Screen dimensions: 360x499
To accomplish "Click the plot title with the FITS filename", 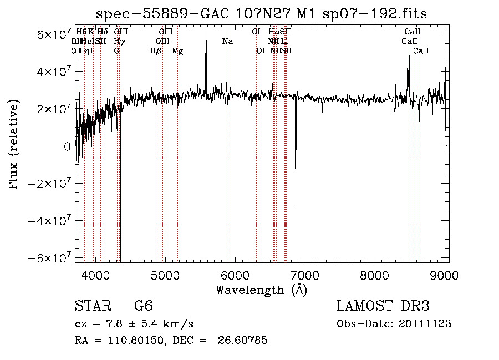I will [262, 14].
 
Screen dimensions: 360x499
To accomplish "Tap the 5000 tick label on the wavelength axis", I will [165, 275].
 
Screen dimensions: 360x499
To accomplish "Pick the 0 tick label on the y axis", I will [67, 147].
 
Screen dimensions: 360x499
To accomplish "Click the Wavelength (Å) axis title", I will [261, 290].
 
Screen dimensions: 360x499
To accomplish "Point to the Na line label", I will [227, 42].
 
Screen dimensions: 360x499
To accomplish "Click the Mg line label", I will [177, 51].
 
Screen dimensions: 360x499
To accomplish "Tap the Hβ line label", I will [156, 51].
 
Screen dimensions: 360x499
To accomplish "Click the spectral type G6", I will [143, 306].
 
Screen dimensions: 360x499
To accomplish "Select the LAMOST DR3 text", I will [383, 306].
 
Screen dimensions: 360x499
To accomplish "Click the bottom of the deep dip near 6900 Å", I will [296, 204].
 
